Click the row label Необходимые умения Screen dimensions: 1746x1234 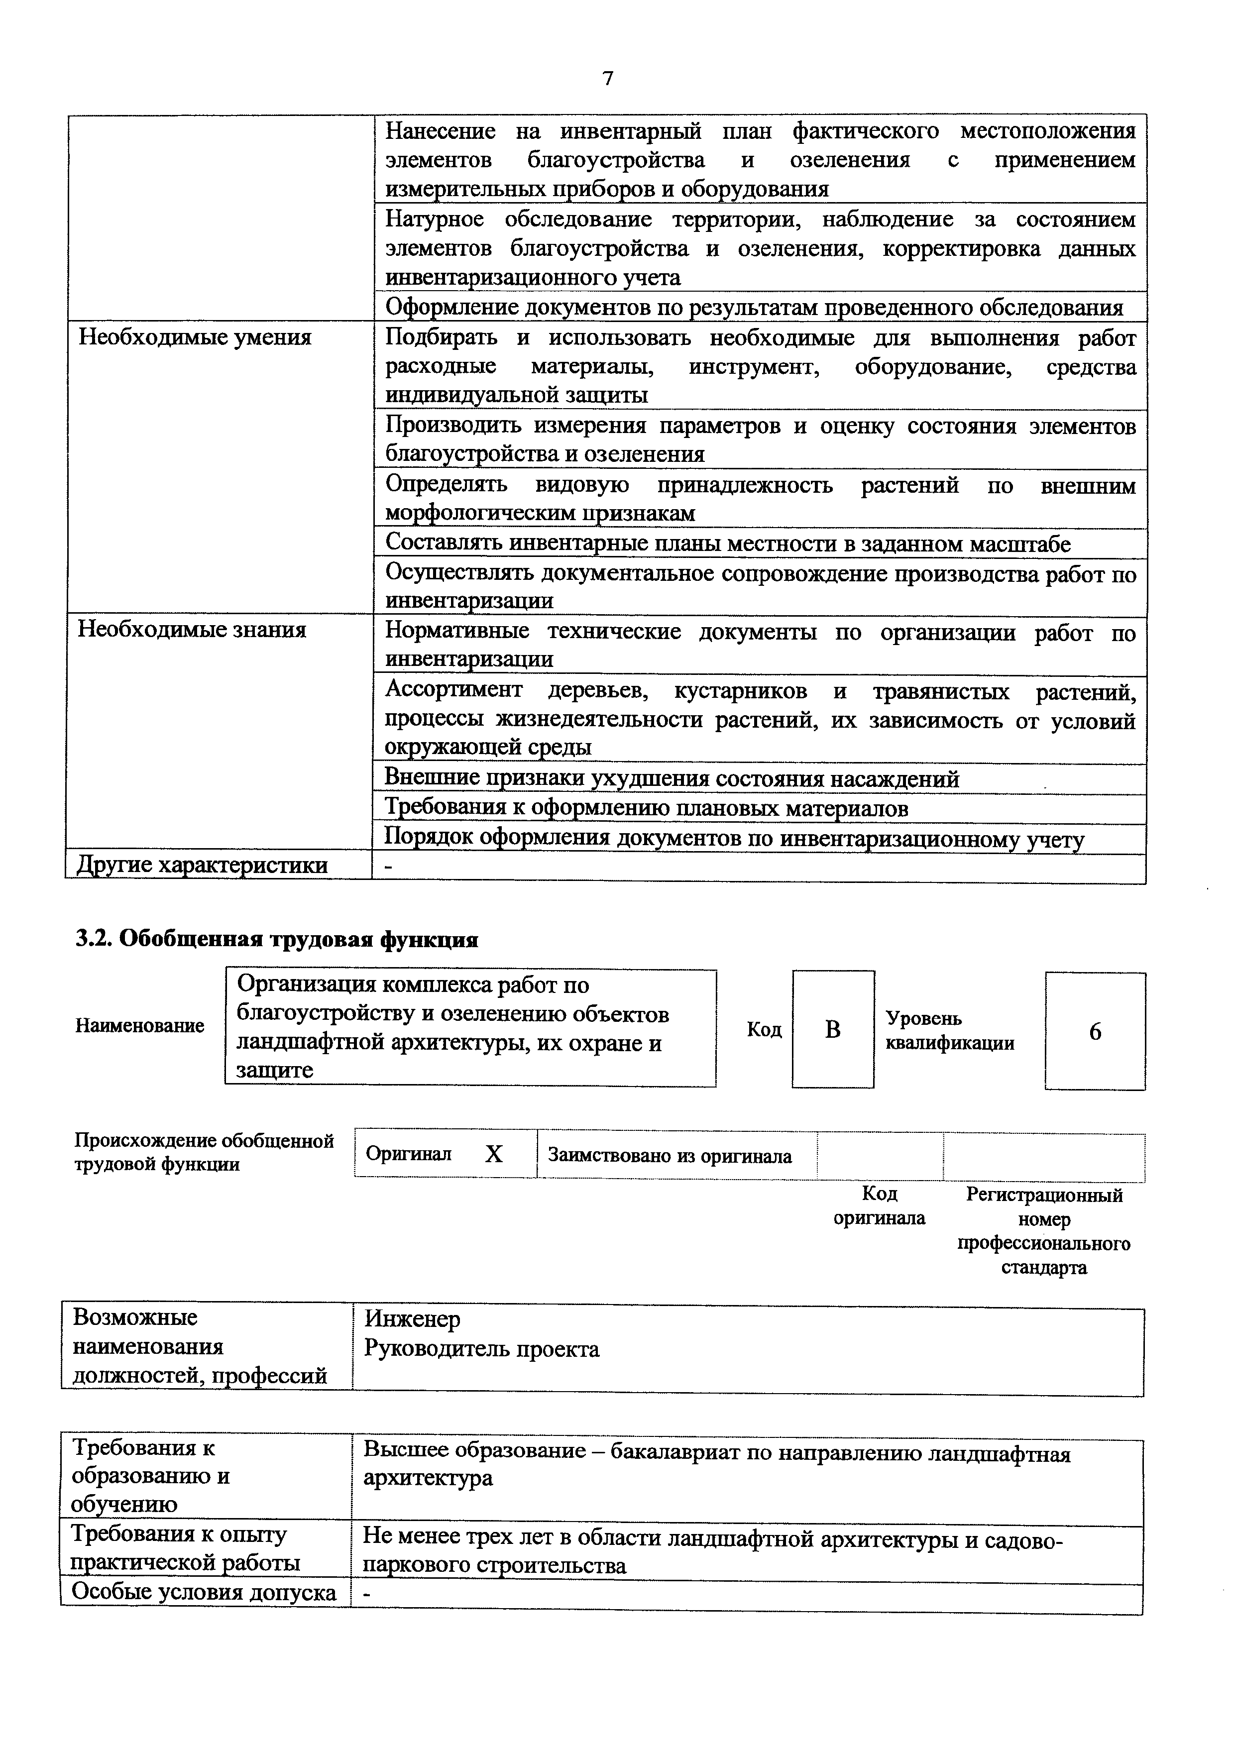[x=196, y=337]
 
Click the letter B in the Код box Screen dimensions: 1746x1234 [x=833, y=1030]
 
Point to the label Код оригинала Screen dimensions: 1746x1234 [x=880, y=1206]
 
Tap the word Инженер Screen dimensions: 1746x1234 [x=412, y=1318]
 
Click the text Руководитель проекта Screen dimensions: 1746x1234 [x=481, y=1349]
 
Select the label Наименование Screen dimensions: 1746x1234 [x=140, y=1026]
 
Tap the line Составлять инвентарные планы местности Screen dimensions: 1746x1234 [x=728, y=544]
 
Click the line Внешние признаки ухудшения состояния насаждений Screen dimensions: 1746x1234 [x=672, y=779]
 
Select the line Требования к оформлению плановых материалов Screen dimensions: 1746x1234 [x=646, y=808]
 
